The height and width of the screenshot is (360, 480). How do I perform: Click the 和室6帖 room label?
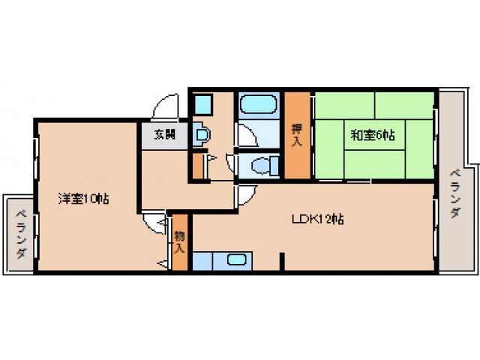373,136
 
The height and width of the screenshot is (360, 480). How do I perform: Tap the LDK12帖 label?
318,220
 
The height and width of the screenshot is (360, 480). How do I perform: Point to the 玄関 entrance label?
165,136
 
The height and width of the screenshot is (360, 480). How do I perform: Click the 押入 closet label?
296,136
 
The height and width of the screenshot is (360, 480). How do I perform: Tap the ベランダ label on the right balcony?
455,193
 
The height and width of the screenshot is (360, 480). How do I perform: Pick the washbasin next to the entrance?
201,135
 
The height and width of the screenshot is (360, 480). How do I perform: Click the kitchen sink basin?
237,261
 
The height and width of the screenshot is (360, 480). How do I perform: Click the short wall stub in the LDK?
282,263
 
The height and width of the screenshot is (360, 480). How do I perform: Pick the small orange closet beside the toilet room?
198,165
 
